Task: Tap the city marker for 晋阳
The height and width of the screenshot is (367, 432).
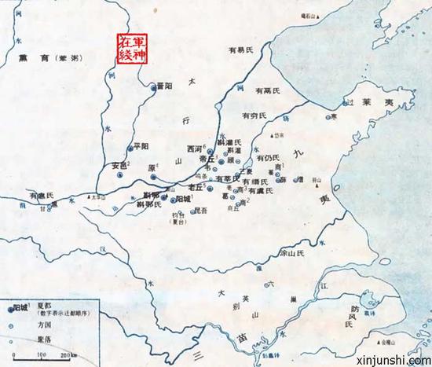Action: pos(154,89)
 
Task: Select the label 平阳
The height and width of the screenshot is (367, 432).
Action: pos(141,145)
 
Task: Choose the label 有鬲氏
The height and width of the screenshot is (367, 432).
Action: pos(267,92)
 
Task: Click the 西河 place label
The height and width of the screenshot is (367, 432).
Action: pos(194,148)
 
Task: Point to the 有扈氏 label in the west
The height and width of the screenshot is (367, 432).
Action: pos(42,194)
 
